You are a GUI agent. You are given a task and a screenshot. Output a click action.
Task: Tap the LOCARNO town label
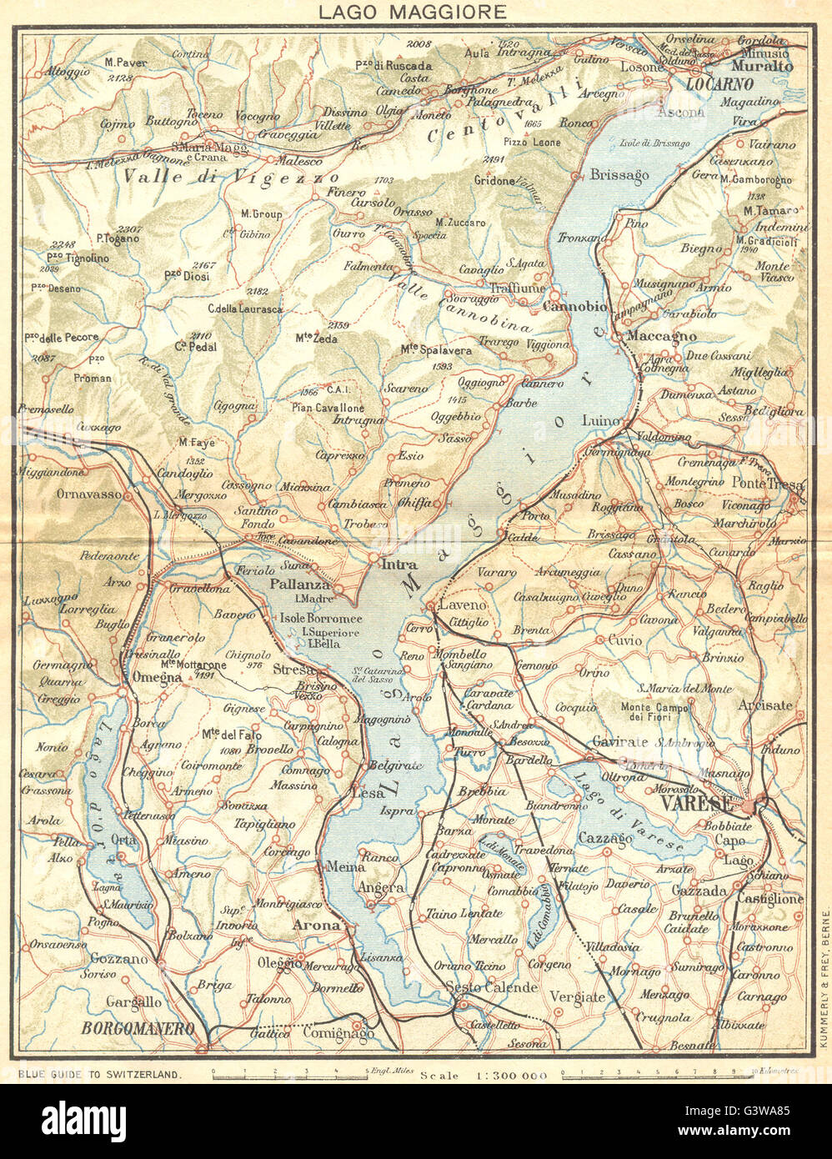(719, 84)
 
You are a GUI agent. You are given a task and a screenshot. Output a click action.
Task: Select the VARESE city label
(695, 803)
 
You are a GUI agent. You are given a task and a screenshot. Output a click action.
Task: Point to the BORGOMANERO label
(138, 1028)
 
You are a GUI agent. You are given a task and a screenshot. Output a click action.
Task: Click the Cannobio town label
(574, 307)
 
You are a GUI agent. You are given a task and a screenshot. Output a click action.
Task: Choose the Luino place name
(602, 419)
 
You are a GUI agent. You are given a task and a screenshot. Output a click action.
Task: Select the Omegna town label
(156, 678)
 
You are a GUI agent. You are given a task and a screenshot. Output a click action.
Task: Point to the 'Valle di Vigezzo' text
(230, 177)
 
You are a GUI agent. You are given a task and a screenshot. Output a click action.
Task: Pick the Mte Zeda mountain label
(316, 338)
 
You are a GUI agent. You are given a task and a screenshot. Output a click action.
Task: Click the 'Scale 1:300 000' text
(484, 1075)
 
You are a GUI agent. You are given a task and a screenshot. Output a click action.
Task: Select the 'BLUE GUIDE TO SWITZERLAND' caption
(98, 1075)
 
